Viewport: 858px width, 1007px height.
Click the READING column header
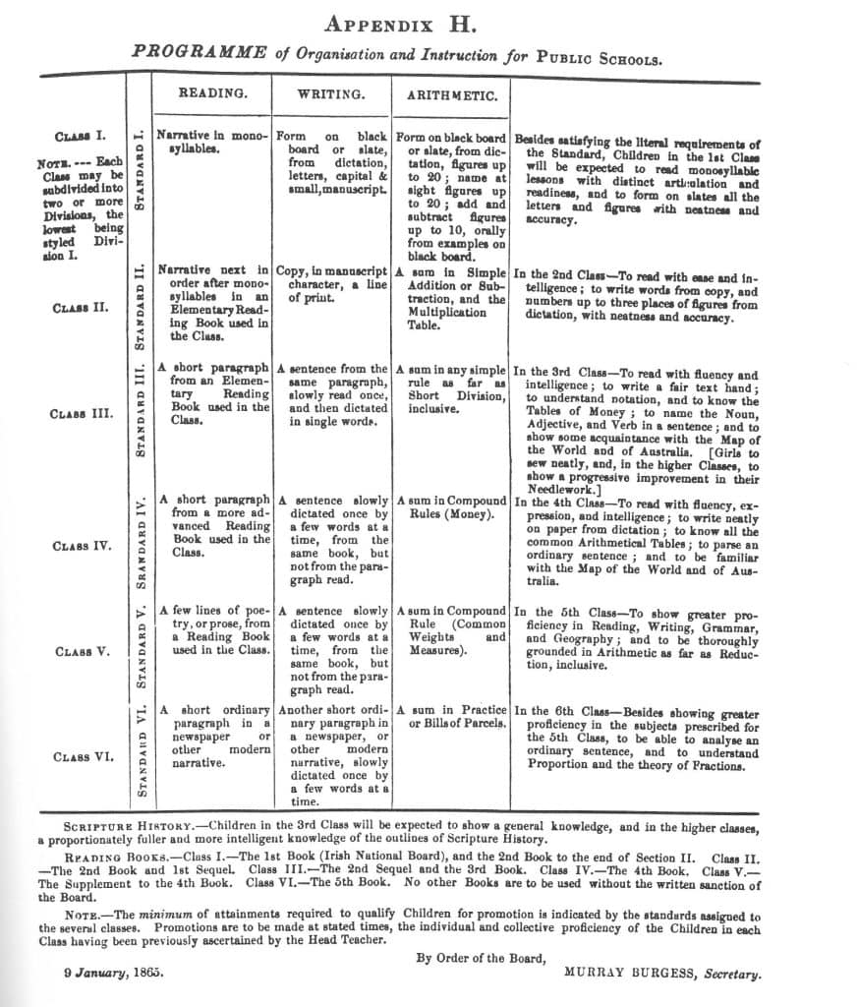[212, 93]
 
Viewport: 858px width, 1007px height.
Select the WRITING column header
[331, 94]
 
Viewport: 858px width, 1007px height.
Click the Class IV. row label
[83, 546]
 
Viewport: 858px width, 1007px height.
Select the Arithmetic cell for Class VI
[452, 717]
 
